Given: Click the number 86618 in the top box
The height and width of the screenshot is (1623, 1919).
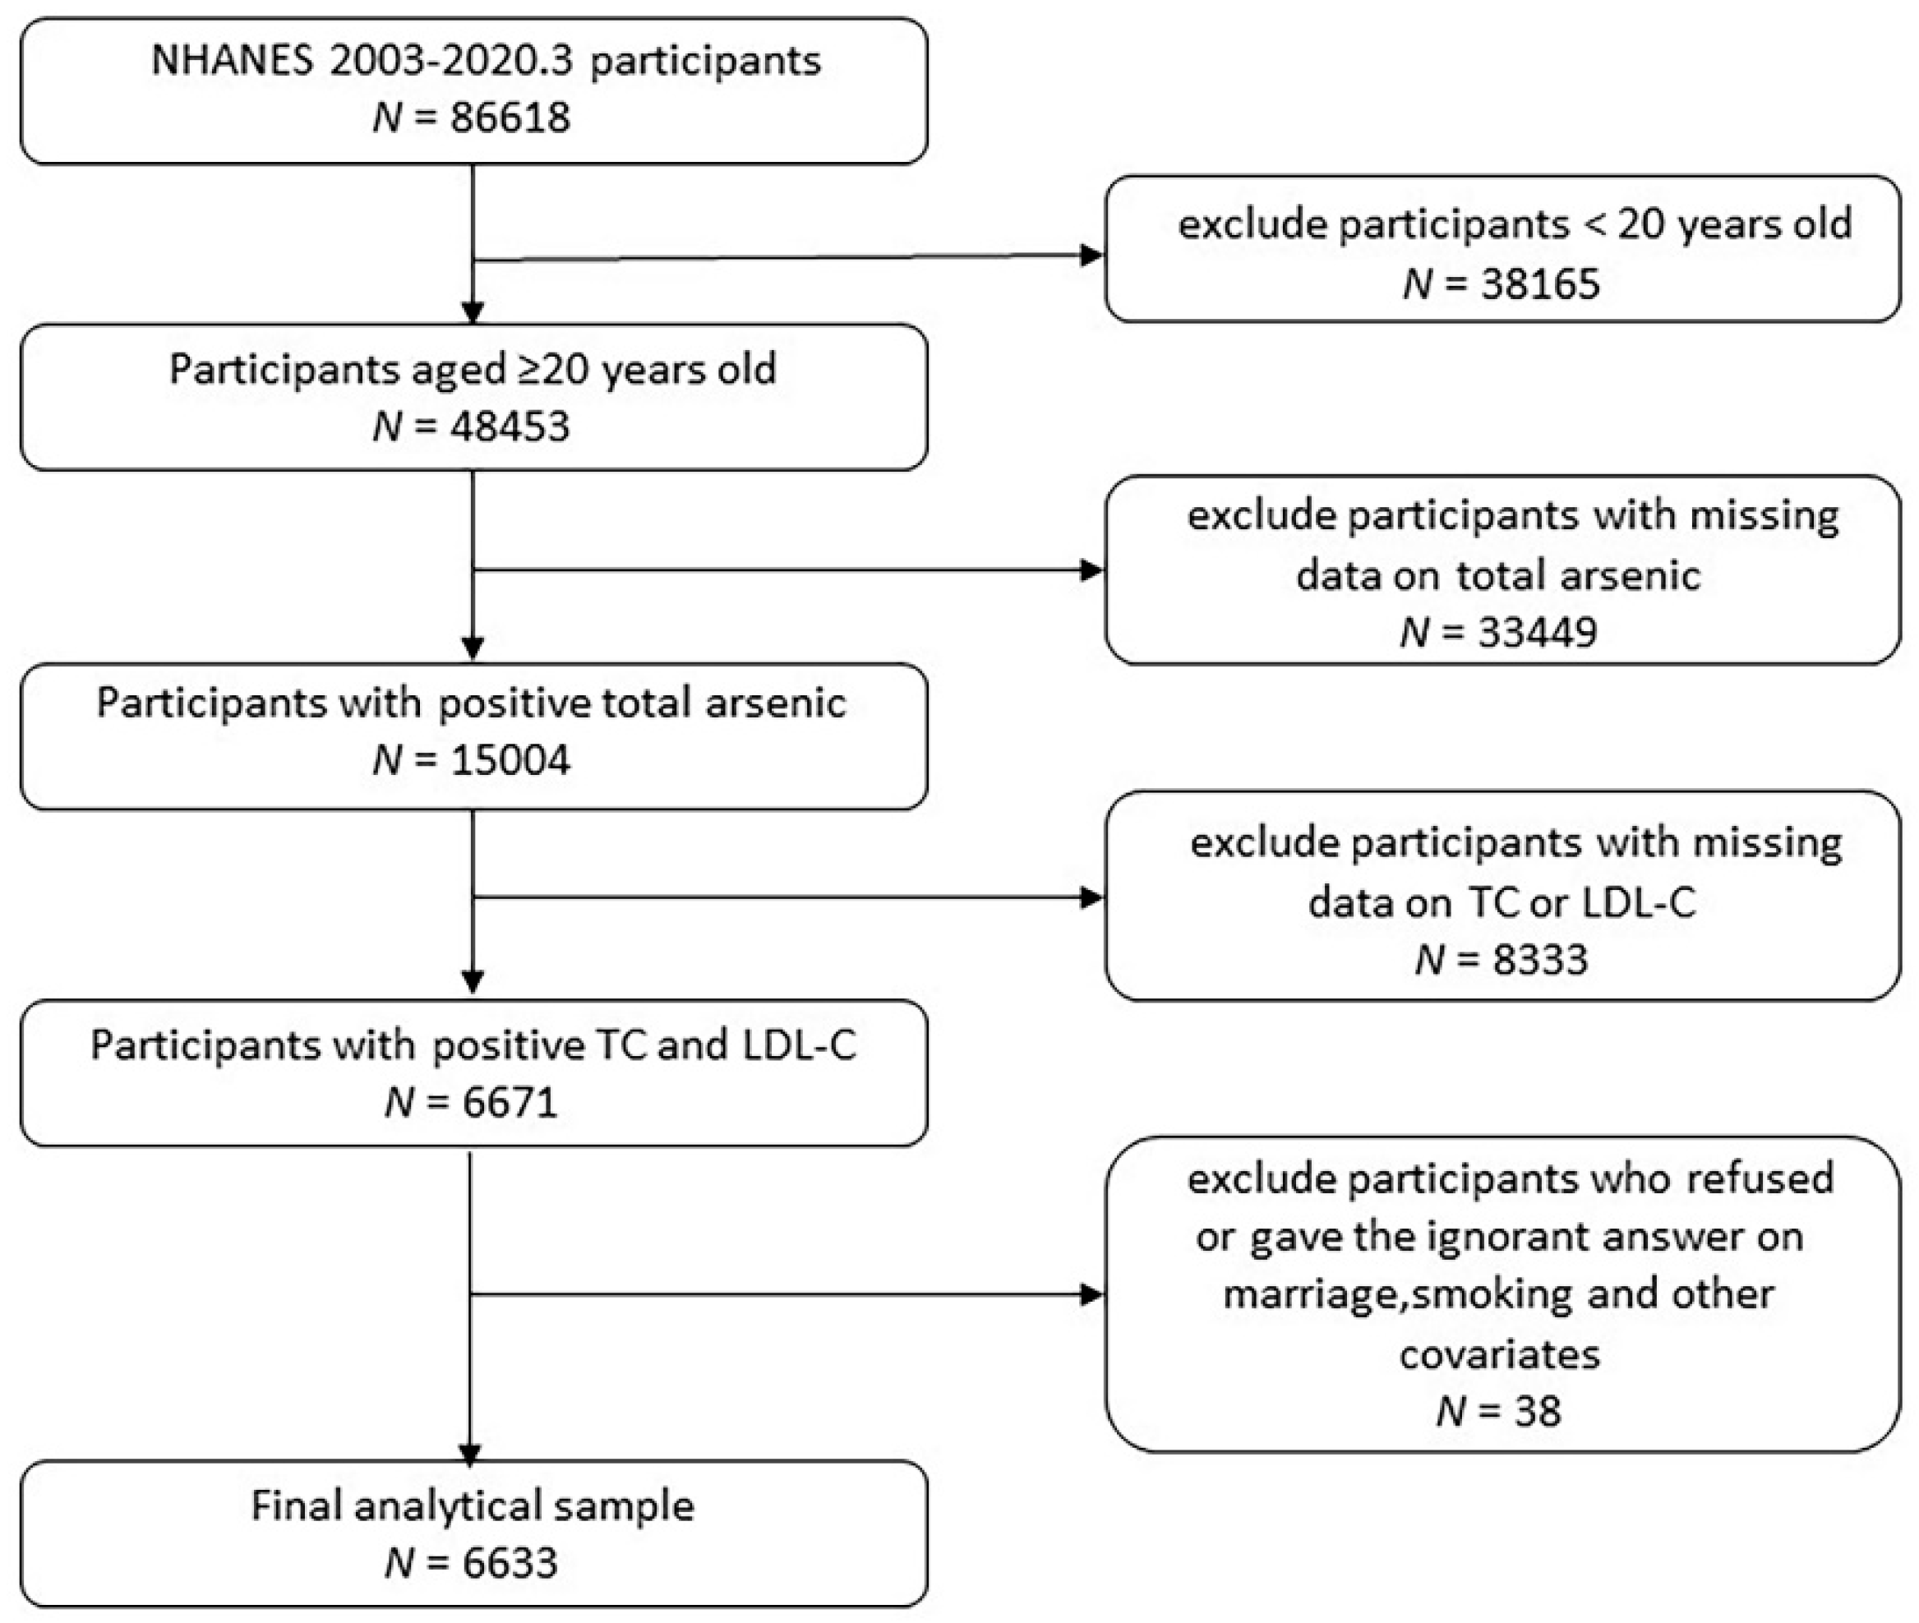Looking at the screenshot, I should point(510,118).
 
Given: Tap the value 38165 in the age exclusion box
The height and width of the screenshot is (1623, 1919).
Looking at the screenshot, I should point(1540,284).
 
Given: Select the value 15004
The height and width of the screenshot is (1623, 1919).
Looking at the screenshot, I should point(510,760).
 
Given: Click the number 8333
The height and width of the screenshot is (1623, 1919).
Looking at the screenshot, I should point(1540,960).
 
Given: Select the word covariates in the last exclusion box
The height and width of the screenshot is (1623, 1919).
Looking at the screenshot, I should point(1500,1354).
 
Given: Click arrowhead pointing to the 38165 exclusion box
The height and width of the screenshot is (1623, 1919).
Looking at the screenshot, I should point(1092,255).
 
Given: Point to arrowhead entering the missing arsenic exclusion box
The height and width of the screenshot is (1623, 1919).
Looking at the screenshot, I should point(1092,570).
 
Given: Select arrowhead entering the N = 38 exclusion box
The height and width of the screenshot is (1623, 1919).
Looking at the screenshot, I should point(1092,1295).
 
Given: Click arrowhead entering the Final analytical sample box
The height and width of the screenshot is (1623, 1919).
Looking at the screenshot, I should point(470,1455).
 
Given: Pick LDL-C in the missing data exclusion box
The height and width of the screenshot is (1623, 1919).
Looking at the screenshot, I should point(1639,902).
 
